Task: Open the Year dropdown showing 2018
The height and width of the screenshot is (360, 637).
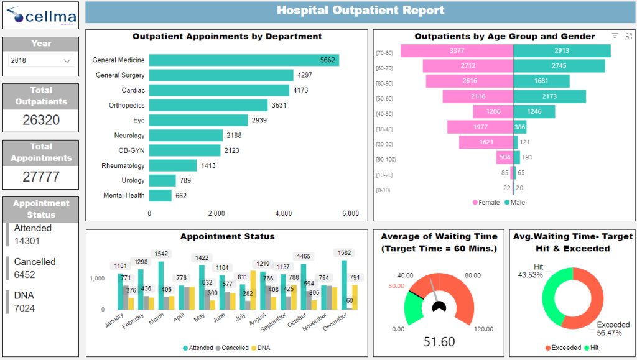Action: (x=41, y=61)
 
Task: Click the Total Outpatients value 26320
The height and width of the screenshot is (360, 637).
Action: (x=41, y=120)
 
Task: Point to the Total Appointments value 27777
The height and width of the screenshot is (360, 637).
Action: (x=41, y=177)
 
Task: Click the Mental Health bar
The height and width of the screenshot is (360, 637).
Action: (x=160, y=195)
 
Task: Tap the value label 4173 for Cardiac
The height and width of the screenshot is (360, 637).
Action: (x=300, y=90)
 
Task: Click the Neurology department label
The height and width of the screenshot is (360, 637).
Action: (x=129, y=136)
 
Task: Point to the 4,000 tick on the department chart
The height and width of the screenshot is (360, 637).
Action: (x=283, y=213)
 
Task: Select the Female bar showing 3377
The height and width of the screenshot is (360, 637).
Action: (x=457, y=51)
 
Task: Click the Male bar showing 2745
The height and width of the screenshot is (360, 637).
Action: (x=559, y=66)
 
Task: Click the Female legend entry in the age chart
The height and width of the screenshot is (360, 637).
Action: (x=486, y=202)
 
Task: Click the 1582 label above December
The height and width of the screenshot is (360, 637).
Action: (x=345, y=253)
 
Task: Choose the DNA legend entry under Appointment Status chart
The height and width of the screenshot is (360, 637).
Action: (x=262, y=348)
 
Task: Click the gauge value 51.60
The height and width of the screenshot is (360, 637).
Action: (x=439, y=341)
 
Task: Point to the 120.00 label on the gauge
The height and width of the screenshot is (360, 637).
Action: (x=484, y=329)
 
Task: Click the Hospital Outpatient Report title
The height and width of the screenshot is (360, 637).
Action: (x=360, y=11)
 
